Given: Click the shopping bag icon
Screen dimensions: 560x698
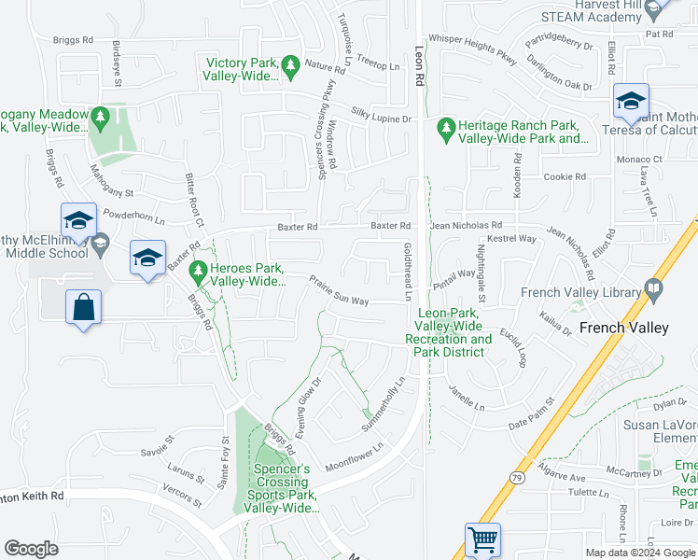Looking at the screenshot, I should coord(84,306).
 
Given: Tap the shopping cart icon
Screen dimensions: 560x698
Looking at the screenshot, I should coord(482,539).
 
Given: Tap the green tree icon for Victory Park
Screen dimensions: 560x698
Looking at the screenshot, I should coord(290,64).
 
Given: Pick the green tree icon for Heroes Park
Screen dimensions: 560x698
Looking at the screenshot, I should coord(197,272).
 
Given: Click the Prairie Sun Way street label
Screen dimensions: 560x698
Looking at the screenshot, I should coord(339,290).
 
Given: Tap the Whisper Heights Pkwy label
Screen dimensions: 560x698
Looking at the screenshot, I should coord(472,55).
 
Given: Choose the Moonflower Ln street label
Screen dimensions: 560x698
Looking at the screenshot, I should coord(355,458).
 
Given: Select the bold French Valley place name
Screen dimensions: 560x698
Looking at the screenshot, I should coord(623,328).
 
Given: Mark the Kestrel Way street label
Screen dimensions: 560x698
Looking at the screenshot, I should coord(514,239).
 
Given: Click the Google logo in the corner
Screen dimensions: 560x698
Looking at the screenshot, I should coord(32,549).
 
